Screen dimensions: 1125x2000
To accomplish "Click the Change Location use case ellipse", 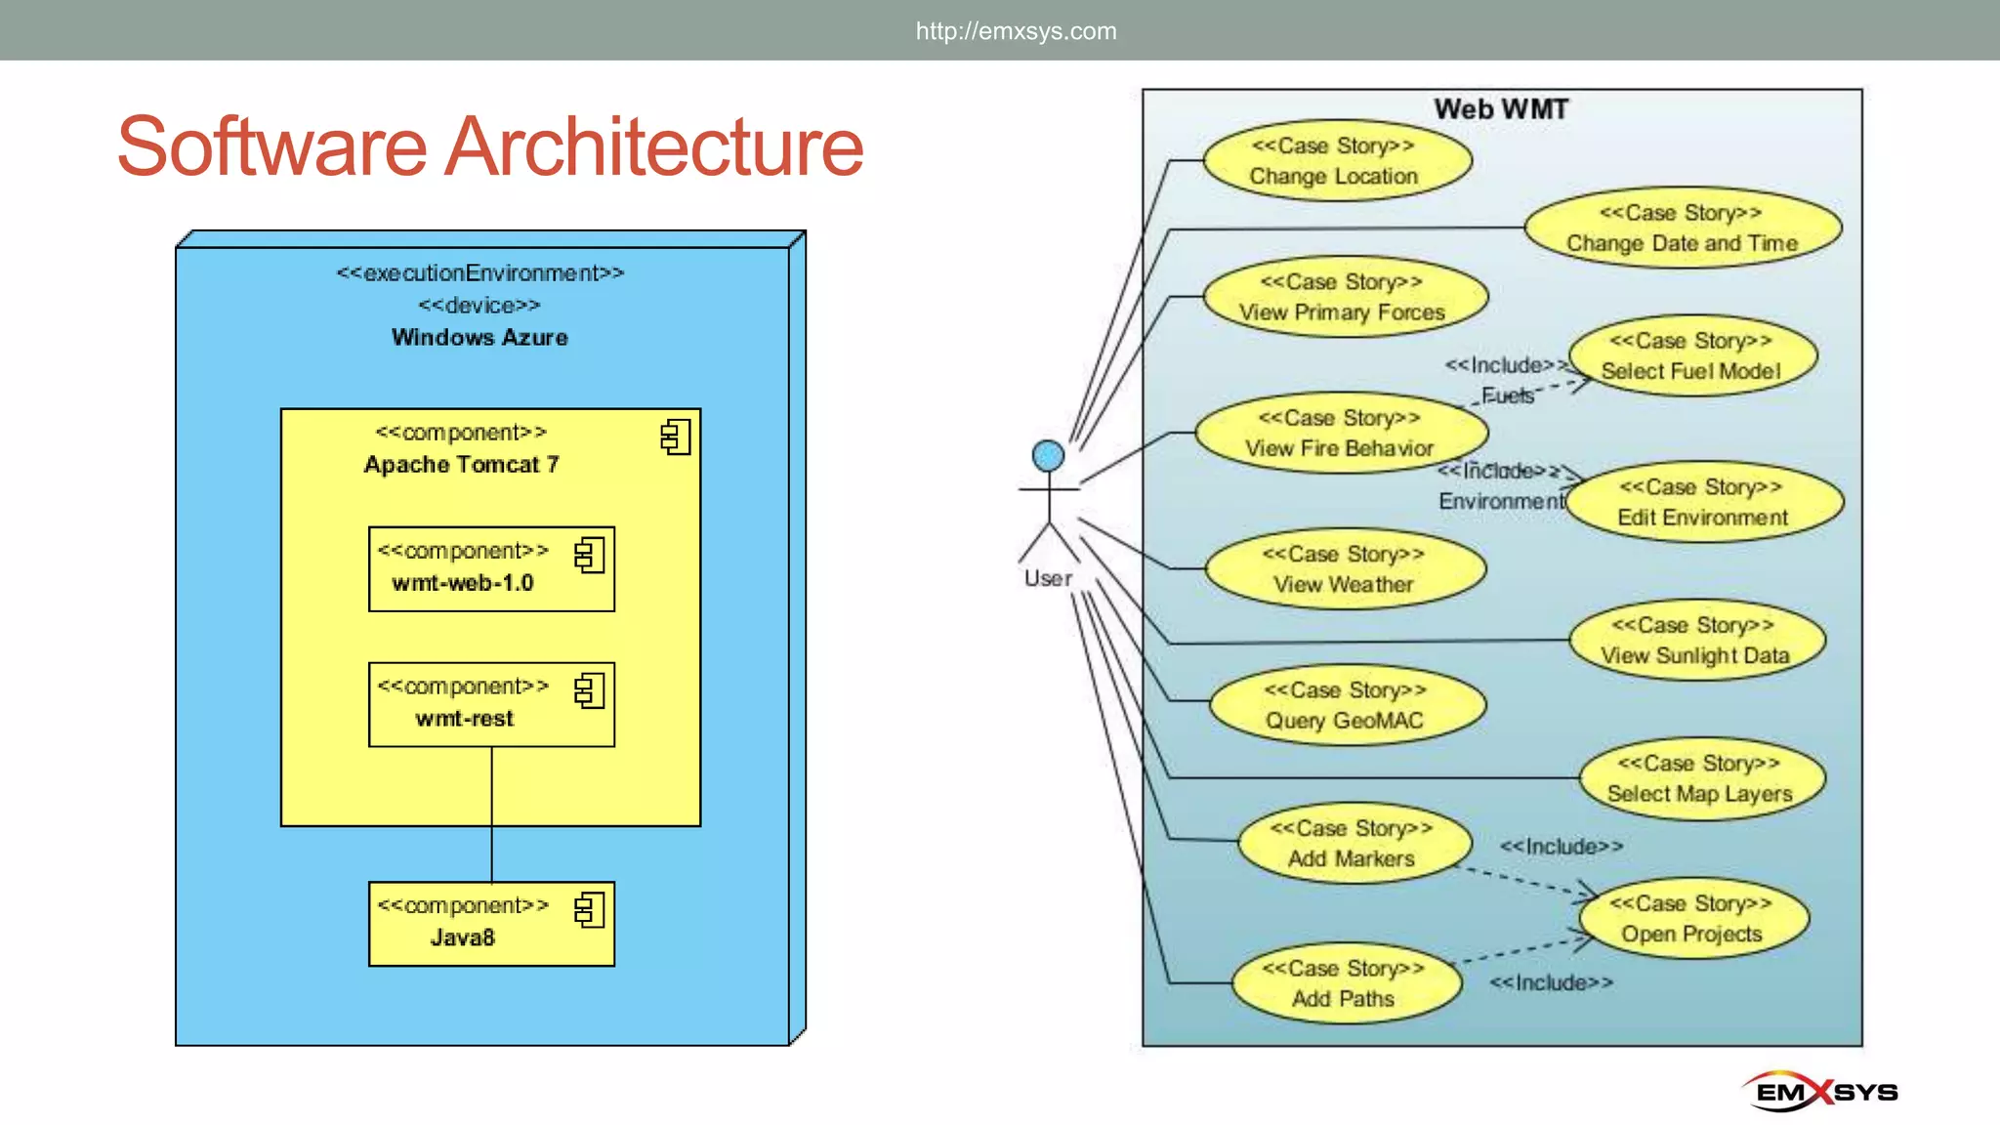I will click(x=1337, y=161).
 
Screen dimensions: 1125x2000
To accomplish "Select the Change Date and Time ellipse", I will click(x=1682, y=229).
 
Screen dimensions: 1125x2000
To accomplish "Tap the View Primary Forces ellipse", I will click(x=1344, y=297).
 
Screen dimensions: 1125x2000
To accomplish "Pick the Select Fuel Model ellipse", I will click(x=1691, y=355).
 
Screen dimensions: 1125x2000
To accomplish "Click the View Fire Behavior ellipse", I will click(x=1341, y=433).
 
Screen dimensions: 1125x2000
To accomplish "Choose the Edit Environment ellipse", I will click(x=1703, y=502).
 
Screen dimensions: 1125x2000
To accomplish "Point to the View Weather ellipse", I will click(x=1345, y=569).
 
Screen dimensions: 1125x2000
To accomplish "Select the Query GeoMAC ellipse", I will click(x=1347, y=705).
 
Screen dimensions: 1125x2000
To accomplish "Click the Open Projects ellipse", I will click(x=1693, y=919).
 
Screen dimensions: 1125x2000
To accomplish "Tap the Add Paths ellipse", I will click(x=1346, y=983).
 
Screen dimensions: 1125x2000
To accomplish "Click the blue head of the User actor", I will click(x=1048, y=455).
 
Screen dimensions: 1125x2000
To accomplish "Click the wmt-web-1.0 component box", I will click(x=491, y=569).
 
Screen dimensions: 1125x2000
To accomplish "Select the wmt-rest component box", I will click(x=491, y=705).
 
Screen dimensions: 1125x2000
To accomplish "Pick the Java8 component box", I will click(x=491, y=924).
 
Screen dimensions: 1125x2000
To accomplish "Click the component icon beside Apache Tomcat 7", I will click(x=676, y=437).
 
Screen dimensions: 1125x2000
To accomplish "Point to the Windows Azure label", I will click(x=479, y=338).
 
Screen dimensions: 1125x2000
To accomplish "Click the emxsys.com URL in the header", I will click(x=1016, y=31).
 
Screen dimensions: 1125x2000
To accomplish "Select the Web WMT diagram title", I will click(x=1501, y=109).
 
